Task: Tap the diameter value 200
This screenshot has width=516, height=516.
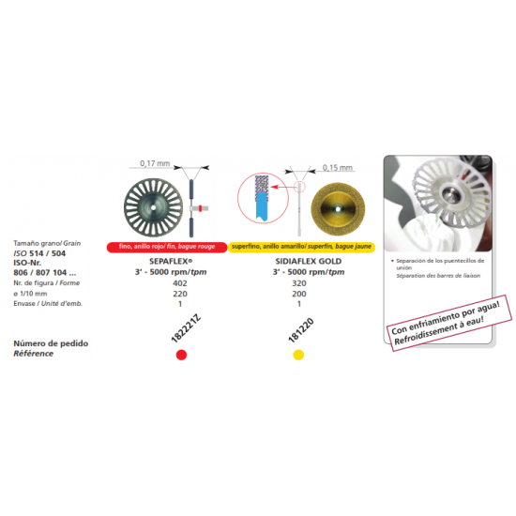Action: (299, 292)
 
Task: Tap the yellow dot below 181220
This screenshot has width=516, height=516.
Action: (299, 355)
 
